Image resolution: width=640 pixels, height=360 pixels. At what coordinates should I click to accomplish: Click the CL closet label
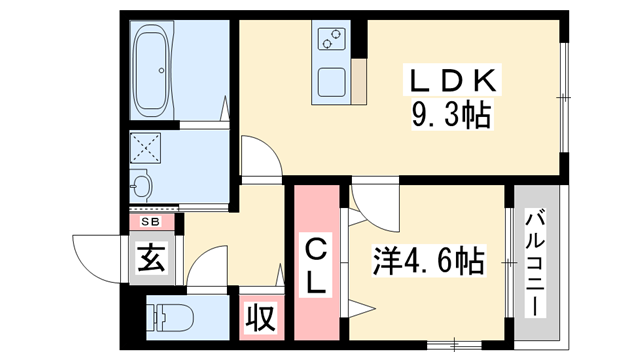(315, 264)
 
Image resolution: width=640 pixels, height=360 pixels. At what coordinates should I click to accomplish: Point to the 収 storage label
(259, 320)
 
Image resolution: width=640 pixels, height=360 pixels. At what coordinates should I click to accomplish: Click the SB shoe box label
(151, 222)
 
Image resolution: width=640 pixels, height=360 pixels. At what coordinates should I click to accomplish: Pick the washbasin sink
(142, 185)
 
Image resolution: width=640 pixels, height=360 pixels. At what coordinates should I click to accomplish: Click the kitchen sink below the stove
(331, 82)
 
